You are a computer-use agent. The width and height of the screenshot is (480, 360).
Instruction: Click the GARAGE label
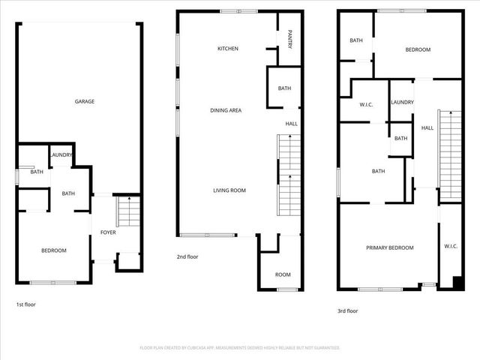84,101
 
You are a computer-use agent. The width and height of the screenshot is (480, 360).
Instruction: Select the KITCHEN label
228,49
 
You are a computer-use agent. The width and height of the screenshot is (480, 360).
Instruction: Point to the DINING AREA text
226,110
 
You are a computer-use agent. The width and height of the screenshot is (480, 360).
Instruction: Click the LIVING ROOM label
229,190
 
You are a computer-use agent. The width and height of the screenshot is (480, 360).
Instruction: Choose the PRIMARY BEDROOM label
389,247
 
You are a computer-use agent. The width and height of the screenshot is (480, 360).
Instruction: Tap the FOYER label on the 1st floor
108,232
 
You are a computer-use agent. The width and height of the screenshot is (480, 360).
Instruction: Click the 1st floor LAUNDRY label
61,155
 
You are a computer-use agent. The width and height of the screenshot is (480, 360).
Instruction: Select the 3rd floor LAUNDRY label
402,102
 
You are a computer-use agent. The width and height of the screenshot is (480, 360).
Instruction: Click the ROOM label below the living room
283,274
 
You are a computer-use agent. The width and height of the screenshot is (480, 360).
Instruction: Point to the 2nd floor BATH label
284,88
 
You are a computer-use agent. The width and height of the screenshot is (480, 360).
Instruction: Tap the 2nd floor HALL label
290,124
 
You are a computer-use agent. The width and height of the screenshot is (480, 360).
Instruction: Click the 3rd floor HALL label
427,128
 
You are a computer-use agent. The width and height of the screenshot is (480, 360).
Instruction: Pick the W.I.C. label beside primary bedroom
451,246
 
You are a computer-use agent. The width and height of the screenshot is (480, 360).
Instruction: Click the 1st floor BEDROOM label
54,250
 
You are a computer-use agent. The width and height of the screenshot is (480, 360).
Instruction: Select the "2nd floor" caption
187,257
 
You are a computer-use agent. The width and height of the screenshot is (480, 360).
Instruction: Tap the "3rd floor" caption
347,310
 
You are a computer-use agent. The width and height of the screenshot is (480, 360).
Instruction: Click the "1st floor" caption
25,304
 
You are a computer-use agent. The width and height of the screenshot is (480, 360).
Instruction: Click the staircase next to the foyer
128,211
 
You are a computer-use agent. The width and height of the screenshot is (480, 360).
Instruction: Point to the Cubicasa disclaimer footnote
240,348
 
